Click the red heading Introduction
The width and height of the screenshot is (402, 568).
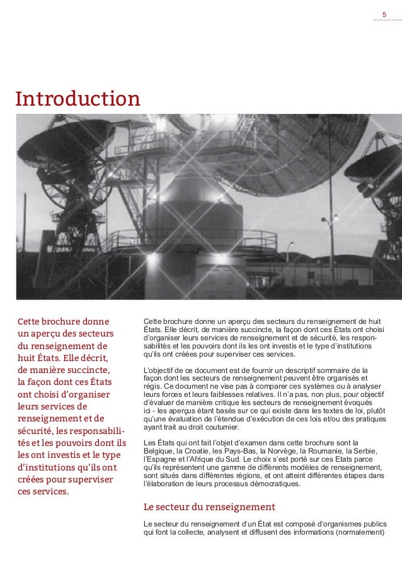[78, 99]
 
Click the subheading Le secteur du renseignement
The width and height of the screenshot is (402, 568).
[210, 507]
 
